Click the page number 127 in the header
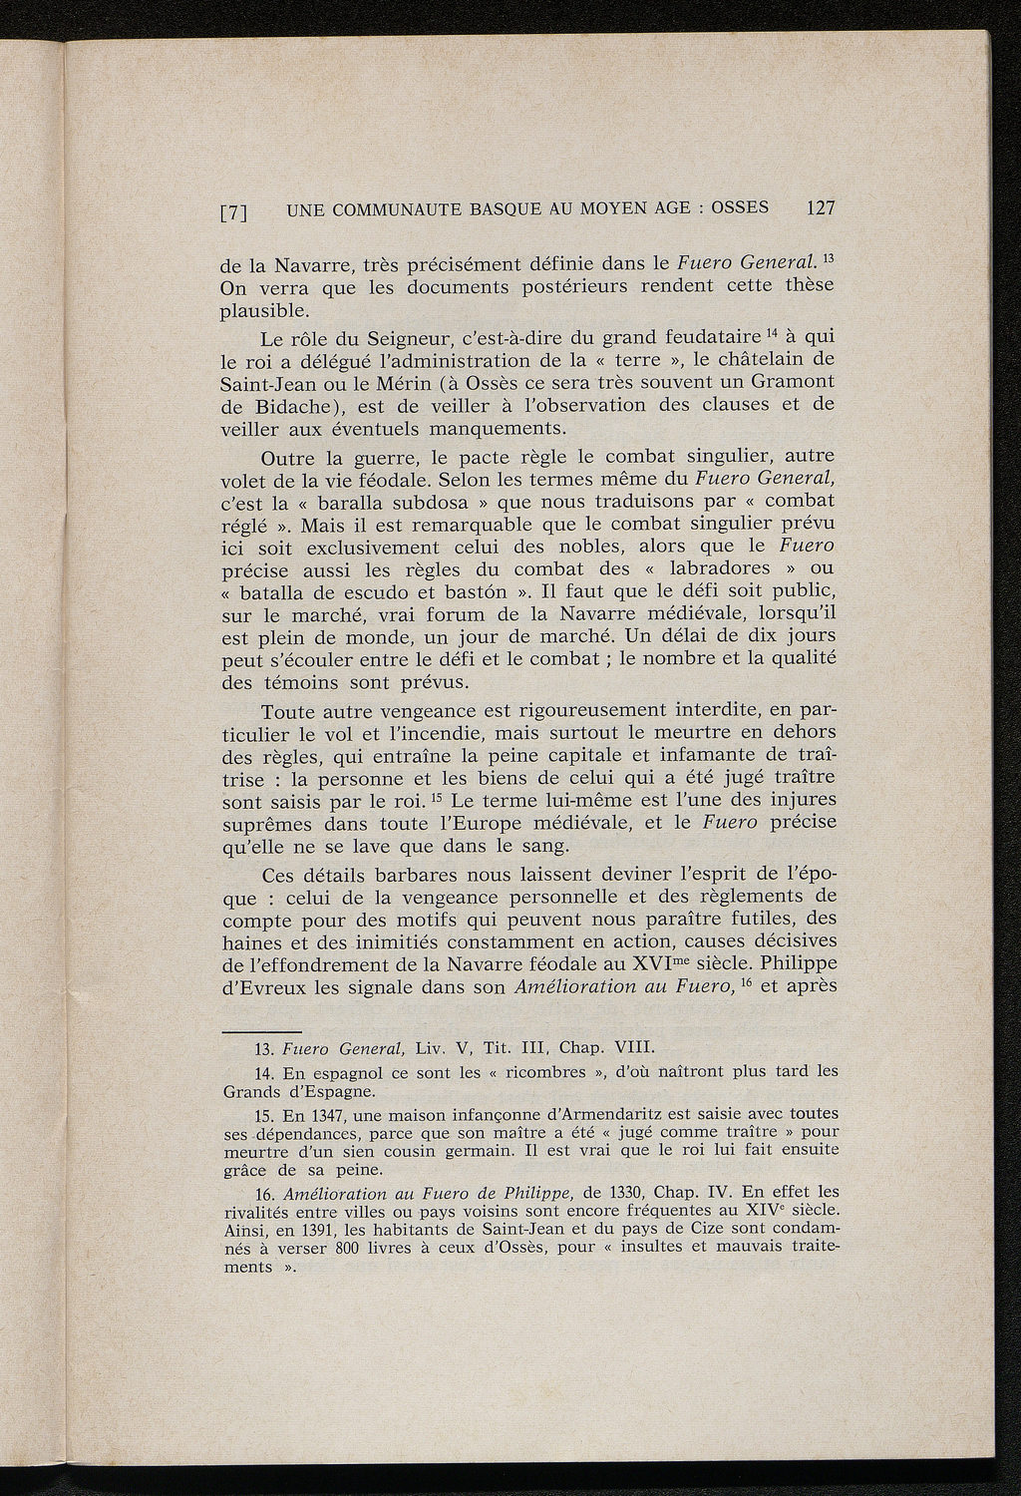coord(820,208)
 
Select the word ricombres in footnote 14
coord(548,1073)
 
